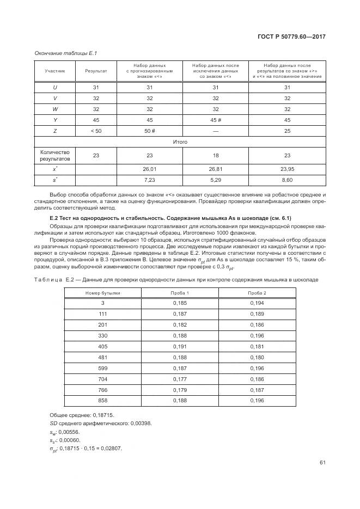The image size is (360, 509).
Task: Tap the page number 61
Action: pos(322,463)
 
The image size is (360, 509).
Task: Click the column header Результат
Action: pos(96,71)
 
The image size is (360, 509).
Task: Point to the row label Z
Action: pos(54,131)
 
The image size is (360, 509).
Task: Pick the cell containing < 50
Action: pos(96,131)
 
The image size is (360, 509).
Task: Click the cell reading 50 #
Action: pos(150,131)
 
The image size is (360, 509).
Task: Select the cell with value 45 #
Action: pos(215,120)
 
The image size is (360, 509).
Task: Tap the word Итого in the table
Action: pos(180,142)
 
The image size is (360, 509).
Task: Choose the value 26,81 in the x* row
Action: pos(215,169)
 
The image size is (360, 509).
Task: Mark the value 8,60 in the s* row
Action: pos(287,179)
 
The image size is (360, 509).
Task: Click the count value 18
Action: pos(215,155)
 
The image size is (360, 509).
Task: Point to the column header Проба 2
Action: pos(257,292)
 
